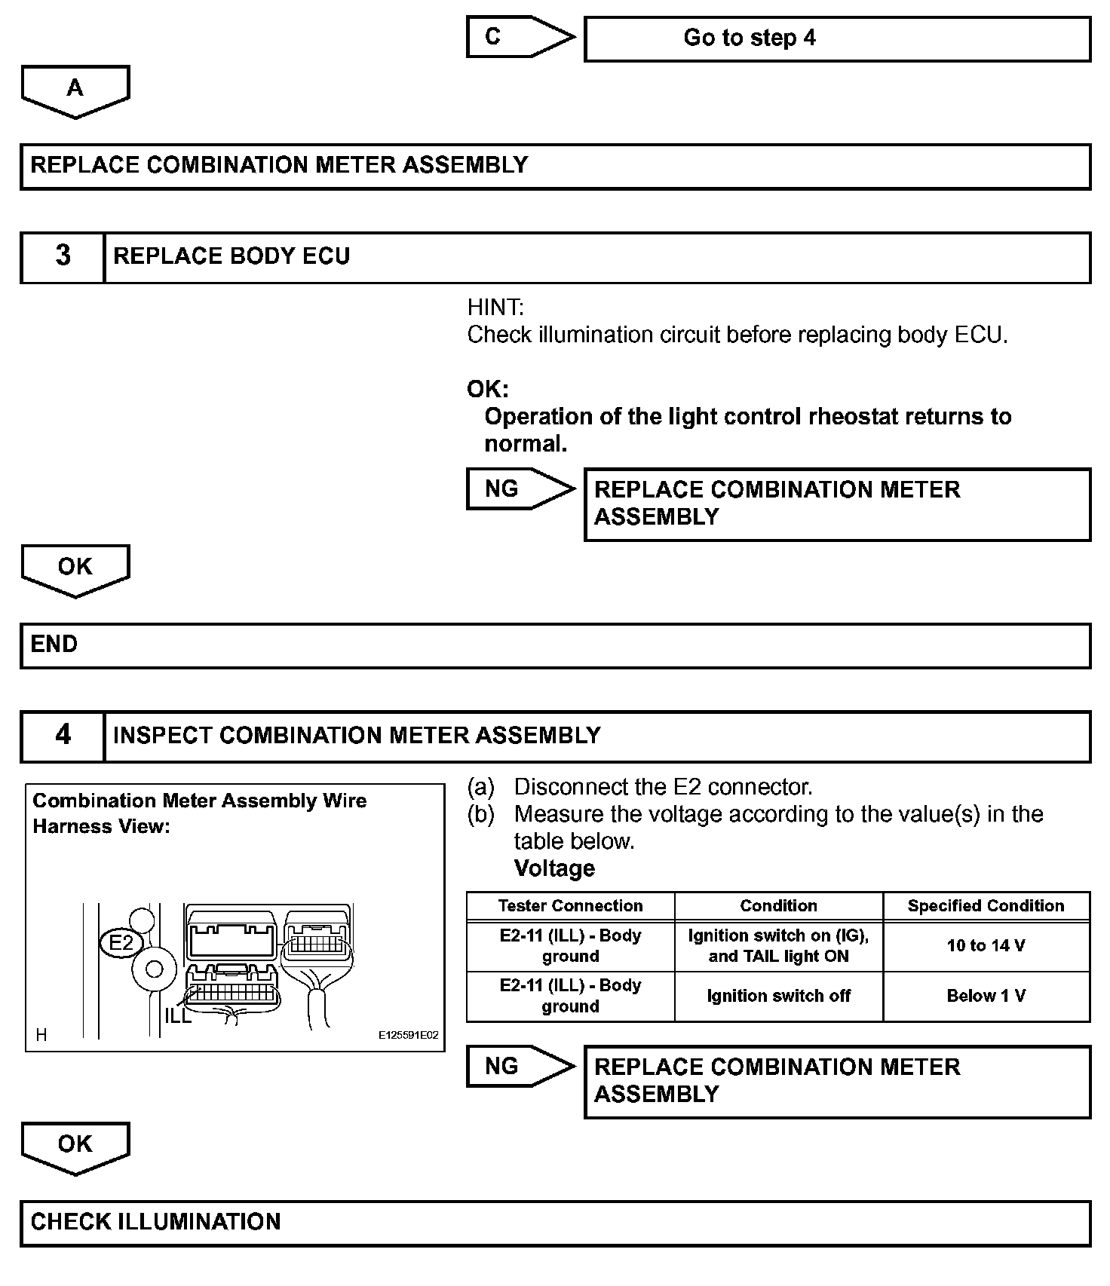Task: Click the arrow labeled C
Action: [x=519, y=36]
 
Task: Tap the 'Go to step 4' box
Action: [x=836, y=38]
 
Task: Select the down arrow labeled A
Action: [x=75, y=91]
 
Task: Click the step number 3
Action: [x=63, y=256]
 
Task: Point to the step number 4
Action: [x=63, y=736]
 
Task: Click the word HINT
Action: [x=495, y=308]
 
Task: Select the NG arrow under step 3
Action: [x=519, y=488]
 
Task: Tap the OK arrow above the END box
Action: [x=75, y=570]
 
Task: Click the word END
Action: [x=54, y=645]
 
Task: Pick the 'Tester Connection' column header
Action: [x=570, y=906]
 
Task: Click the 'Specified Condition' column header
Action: [x=986, y=906]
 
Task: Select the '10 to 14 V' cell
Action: [x=986, y=946]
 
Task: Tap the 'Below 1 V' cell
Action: [x=986, y=997]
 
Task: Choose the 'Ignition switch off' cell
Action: [x=778, y=997]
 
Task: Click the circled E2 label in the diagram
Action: [x=121, y=943]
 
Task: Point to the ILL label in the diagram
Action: [x=178, y=1015]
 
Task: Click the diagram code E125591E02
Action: [x=408, y=1036]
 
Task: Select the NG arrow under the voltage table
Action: [x=519, y=1066]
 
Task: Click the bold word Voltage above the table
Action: [x=554, y=868]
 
